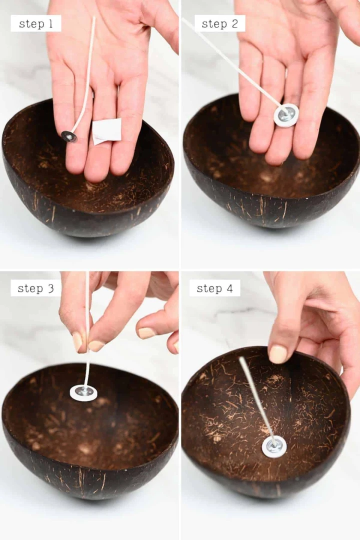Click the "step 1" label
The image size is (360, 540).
click(x=36, y=24)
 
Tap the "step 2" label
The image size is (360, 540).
click(x=220, y=24)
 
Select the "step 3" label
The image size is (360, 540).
click(x=36, y=288)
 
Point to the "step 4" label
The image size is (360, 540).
click(x=214, y=288)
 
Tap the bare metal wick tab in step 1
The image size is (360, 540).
click(x=69, y=136)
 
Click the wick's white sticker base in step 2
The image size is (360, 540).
click(x=286, y=115)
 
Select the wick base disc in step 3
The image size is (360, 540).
click(x=83, y=393)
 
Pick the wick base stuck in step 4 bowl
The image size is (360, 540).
click(x=274, y=447)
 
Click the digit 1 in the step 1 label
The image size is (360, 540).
click(x=50, y=24)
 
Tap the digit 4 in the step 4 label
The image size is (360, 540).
click(x=229, y=288)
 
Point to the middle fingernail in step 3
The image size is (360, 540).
click(x=146, y=333)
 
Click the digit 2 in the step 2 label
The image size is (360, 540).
click(x=234, y=24)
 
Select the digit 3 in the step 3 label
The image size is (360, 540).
click(x=50, y=288)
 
